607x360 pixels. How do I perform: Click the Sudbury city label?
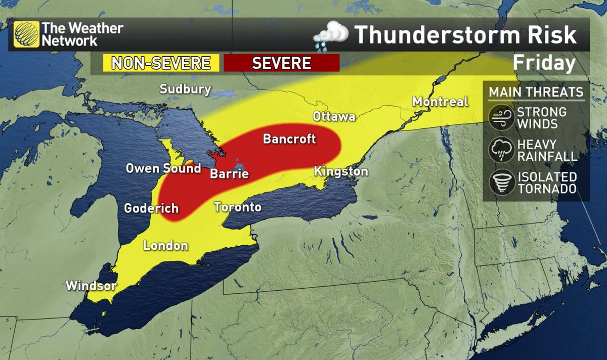[185, 89]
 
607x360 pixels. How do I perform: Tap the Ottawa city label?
[334, 117]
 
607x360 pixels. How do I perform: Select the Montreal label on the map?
[440, 102]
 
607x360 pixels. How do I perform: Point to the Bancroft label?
[289, 139]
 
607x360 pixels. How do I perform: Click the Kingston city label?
[340, 172]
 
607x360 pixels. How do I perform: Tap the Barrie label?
[230, 174]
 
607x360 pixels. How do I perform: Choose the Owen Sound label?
[163, 168]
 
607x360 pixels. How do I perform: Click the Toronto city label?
[237, 207]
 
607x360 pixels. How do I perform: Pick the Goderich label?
[151, 208]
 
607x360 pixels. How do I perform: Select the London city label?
[166, 246]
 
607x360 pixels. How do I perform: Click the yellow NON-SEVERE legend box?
[161, 63]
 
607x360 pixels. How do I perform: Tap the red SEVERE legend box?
[281, 63]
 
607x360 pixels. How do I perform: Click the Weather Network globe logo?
[26, 34]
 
